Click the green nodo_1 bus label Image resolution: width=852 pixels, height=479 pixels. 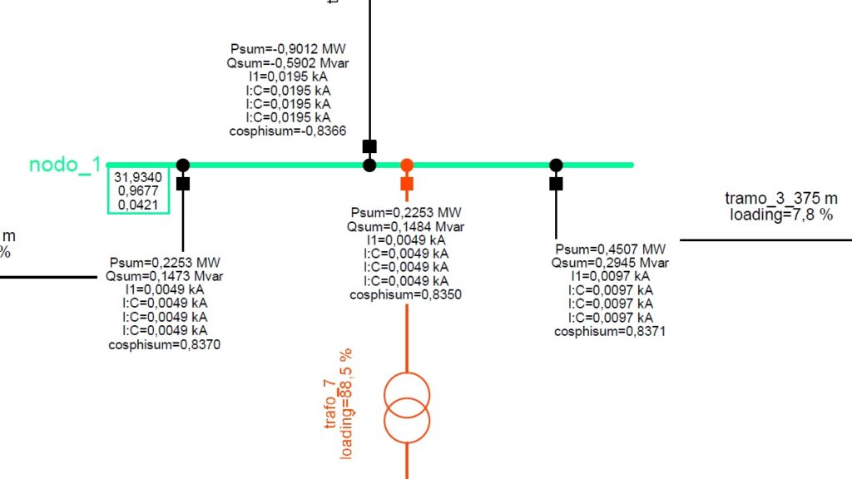pos(65,165)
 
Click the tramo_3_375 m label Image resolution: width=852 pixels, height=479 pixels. pos(781,199)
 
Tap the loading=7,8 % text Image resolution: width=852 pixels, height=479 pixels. pos(781,215)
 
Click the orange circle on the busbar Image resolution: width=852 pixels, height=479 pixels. pos(407,165)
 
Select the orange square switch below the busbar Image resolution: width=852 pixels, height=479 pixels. pos(407,183)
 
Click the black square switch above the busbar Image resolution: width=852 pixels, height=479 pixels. pos(369,146)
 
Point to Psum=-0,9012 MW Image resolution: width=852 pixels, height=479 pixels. pos(288,50)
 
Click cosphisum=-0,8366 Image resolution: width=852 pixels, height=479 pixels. pos(288,131)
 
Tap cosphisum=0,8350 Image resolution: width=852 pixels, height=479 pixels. pos(406,294)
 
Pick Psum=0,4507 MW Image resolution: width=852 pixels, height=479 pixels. pos(611,249)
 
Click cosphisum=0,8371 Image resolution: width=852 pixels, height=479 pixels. pos(611,331)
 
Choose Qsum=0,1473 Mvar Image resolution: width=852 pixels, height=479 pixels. pos(165,276)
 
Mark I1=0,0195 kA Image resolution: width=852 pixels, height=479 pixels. pos(288,77)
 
